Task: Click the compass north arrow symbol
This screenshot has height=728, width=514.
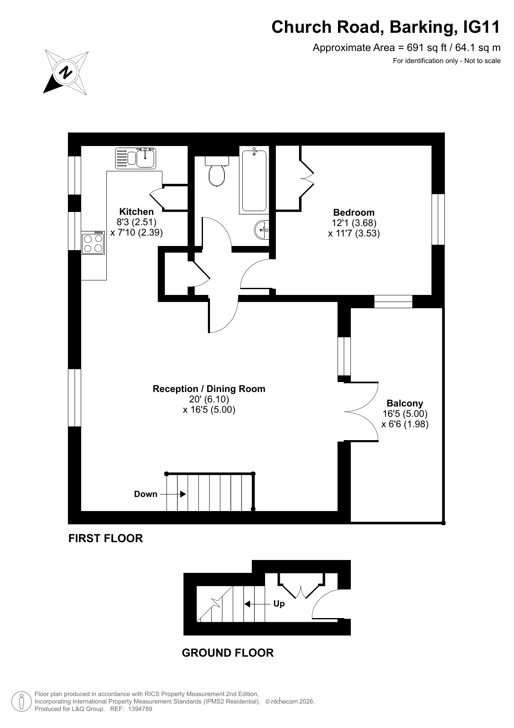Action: pyautogui.click(x=66, y=73)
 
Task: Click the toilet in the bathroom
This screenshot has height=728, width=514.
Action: pyautogui.click(x=217, y=172)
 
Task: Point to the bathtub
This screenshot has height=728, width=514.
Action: pyautogui.click(x=254, y=181)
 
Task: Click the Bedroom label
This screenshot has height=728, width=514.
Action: pyautogui.click(x=354, y=213)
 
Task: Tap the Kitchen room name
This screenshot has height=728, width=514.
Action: pyautogui.click(x=136, y=212)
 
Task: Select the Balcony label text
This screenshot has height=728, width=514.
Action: pyautogui.click(x=405, y=403)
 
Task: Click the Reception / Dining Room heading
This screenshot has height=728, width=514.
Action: pyautogui.click(x=209, y=389)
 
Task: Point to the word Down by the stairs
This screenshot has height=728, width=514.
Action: pyautogui.click(x=146, y=494)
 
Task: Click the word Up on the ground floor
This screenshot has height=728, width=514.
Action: pyautogui.click(x=279, y=604)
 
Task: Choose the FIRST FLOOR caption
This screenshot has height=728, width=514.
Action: pyautogui.click(x=106, y=538)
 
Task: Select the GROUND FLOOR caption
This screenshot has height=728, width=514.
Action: pyautogui.click(x=228, y=653)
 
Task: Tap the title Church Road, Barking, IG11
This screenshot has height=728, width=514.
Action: pyautogui.click(x=386, y=27)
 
